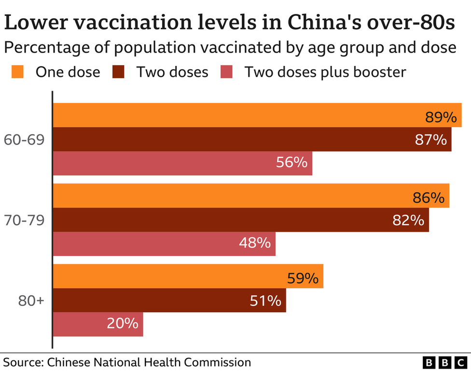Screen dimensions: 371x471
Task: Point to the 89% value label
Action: tap(441, 117)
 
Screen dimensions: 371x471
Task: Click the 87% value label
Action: tap(430, 140)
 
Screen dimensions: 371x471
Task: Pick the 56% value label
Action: tap(291, 162)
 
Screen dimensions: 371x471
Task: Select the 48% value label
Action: tap(254, 243)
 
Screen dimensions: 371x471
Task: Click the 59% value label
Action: tap(303, 278)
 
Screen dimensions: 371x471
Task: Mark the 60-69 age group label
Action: tap(24, 140)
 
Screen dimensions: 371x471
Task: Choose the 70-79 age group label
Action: tap(24, 220)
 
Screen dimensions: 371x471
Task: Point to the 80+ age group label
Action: tap(31, 301)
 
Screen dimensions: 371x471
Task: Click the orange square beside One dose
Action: tap(17, 72)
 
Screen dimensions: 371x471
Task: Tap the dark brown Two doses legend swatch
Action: tap(118, 72)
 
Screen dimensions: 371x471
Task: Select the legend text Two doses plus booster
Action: tap(325, 72)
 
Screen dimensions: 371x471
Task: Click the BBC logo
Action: tap(444, 362)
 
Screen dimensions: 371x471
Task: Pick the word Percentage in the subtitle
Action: tap(44, 48)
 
